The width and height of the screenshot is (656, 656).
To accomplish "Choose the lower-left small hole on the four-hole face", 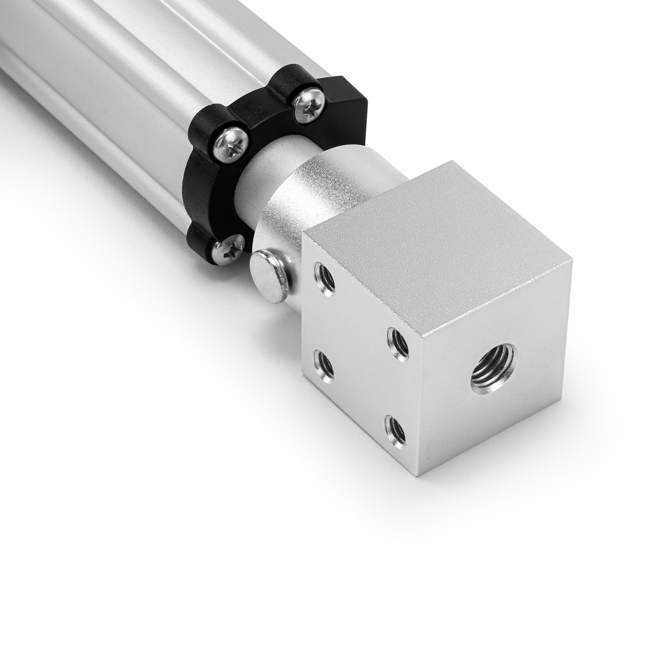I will click(x=325, y=366).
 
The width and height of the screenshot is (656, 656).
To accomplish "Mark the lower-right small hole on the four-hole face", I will click(x=395, y=429).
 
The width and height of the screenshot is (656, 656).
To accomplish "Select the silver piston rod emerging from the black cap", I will click(x=259, y=182).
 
